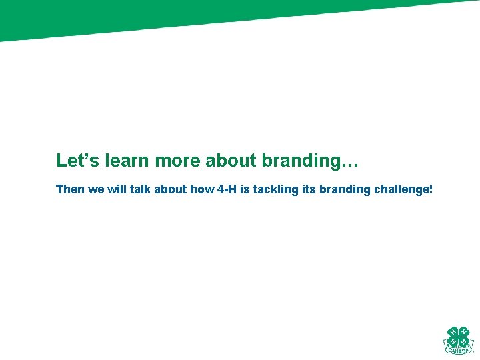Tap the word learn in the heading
click(x=127, y=161)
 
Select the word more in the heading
click(x=177, y=161)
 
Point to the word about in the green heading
click(x=231, y=161)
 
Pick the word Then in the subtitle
click(x=70, y=189)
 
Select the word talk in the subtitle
click(x=139, y=189)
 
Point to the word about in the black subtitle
click(x=170, y=189)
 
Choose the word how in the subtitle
click(x=202, y=189)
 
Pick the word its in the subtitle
click(x=307, y=189)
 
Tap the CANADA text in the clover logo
click(x=458, y=349)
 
